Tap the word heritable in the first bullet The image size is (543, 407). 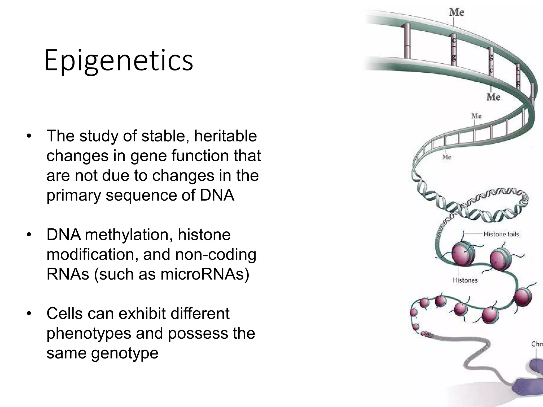225,136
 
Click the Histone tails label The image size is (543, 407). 501,234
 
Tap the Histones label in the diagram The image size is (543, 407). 465,280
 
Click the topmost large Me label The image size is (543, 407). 457,12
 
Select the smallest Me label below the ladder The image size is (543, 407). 446,157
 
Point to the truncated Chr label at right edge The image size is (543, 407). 537,344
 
